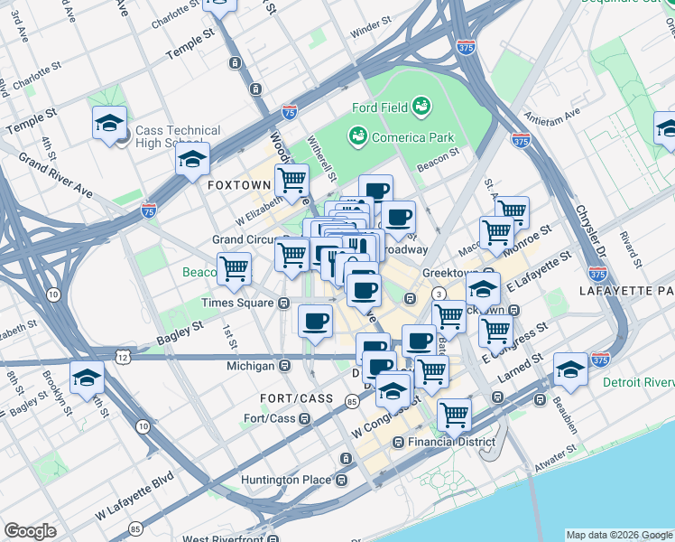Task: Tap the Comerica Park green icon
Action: pyautogui.click(x=357, y=137)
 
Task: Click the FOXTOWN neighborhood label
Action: pyautogui.click(x=239, y=184)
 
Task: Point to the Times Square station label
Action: pyautogui.click(x=237, y=303)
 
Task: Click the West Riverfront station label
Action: pyautogui.click(x=229, y=539)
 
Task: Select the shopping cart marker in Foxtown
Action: pyautogui.click(x=291, y=180)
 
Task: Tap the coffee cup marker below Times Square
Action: pyautogui.click(x=315, y=321)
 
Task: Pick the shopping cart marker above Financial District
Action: pyautogui.click(x=454, y=414)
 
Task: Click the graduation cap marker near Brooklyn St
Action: pyautogui.click(x=88, y=377)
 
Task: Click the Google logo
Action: pyautogui.click(x=30, y=531)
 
